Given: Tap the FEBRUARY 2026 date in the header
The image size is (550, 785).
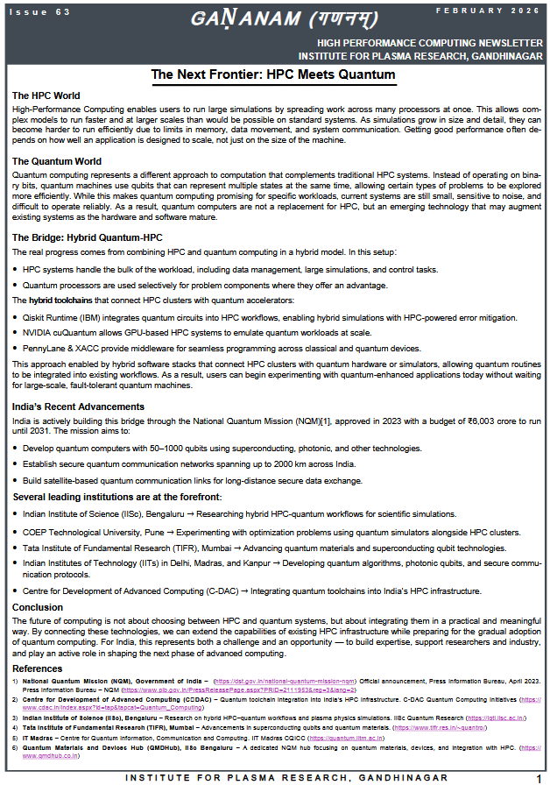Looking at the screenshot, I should point(502,10).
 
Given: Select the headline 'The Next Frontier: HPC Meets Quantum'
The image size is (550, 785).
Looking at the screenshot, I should point(273,74).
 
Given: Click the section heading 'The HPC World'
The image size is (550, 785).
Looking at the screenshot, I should point(46,95).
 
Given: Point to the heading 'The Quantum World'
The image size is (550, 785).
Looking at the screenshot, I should point(56,161).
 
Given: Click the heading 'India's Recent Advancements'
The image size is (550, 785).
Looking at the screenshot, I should point(78,407).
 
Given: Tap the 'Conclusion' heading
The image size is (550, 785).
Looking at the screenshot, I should point(37,607).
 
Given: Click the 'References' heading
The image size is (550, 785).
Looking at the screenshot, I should point(39,668).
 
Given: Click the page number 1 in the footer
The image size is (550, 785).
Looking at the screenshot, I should point(539,777).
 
